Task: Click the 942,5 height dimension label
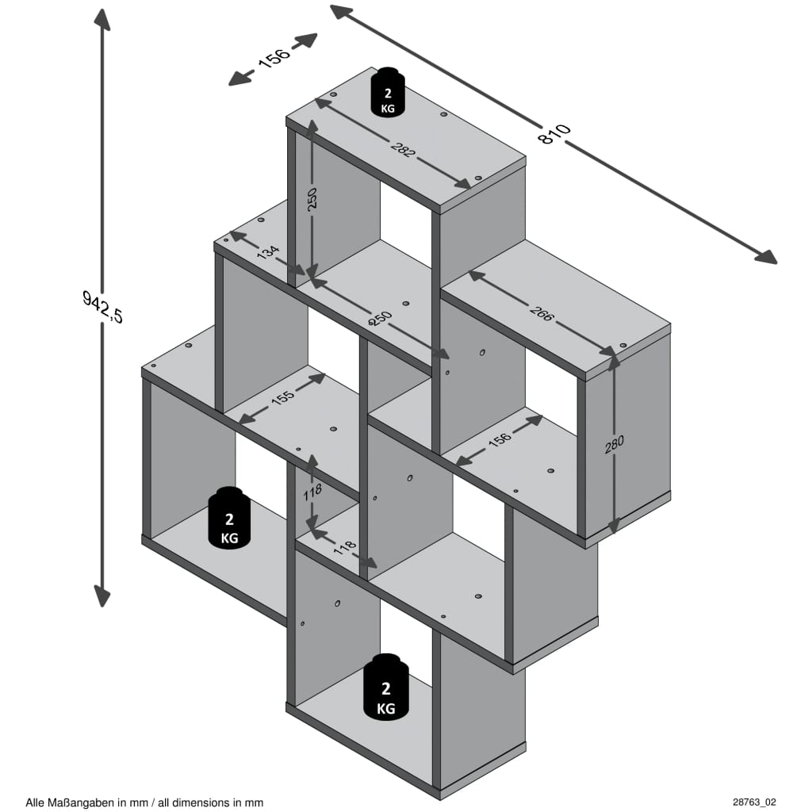coord(103,306)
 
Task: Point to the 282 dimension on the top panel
coord(402,148)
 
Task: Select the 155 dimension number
coord(282,399)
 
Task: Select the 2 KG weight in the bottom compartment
coord(386,688)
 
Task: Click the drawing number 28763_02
coord(755,802)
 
